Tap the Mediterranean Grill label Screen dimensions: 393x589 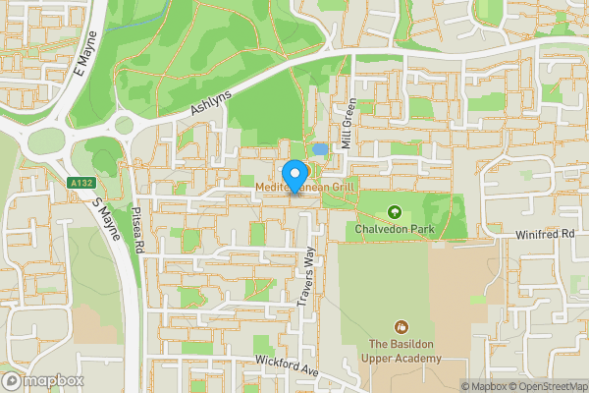(x=305, y=186)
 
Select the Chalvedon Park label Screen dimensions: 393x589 (x=395, y=230)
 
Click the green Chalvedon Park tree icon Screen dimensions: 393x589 (x=395, y=211)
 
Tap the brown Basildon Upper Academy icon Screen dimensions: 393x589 (x=401, y=326)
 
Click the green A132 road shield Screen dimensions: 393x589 (x=80, y=183)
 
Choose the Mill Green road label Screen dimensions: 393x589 (x=346, y=126)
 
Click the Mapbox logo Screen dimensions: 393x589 (x=42, y=380)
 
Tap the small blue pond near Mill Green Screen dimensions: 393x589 (x=320, y=149)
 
